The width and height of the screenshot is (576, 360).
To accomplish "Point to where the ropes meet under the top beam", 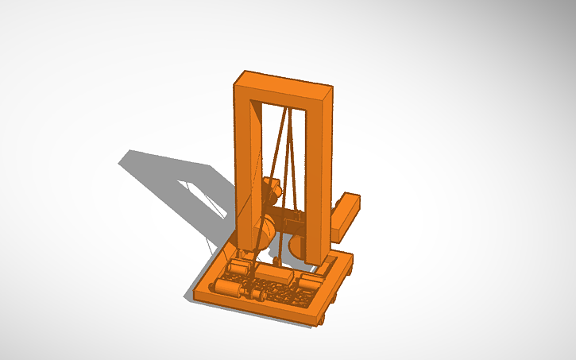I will click(x=288, y=111).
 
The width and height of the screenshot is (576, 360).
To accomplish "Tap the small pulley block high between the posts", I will click(x=272, y=191).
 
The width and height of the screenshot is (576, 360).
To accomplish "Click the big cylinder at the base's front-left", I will click(x=227, y=288).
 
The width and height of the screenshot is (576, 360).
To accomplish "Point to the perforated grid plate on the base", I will click(x=282, y=294).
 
